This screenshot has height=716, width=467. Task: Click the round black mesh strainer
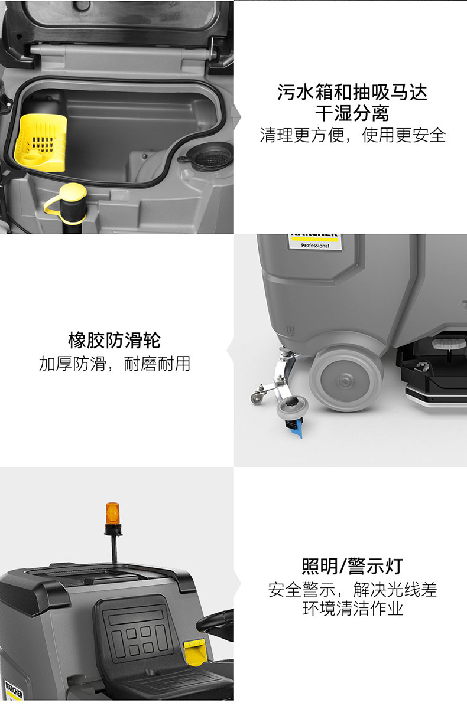pos(213,156)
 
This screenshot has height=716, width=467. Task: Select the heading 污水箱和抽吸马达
pos(352,92)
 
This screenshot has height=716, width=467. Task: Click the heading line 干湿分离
pos(352,113)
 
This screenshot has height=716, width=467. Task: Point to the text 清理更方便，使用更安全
pos(352,135)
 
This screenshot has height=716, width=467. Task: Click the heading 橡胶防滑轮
pos(114,340)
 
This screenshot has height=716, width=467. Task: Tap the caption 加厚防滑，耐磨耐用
pos(114,364)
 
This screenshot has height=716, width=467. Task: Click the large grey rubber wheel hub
pos(346,380)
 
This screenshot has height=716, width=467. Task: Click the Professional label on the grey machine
pos(315,246)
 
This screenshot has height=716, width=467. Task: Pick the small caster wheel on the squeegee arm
pos(257,398)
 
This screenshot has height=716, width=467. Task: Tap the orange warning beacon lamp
pos(113,514)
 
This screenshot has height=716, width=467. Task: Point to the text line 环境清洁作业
pos(352,609)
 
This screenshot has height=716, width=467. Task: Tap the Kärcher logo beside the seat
pos(14,690)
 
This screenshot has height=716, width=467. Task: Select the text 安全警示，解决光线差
pos(352,589)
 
